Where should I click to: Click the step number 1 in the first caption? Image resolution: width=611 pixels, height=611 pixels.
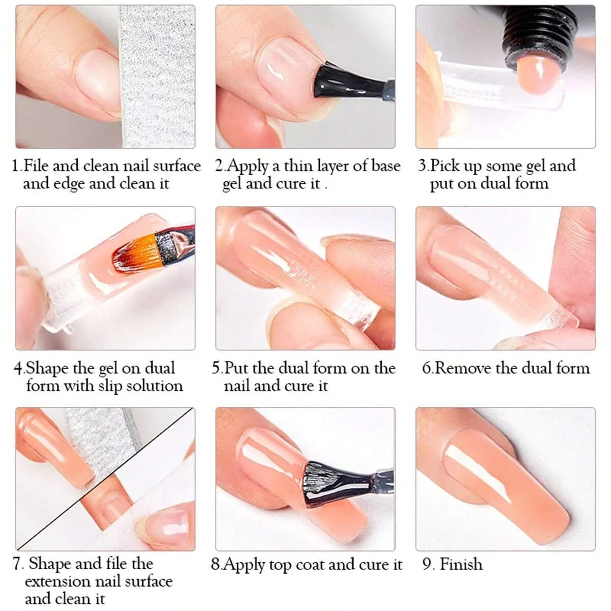click(16, 166)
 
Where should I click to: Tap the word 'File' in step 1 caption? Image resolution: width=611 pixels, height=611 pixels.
click(36, 166)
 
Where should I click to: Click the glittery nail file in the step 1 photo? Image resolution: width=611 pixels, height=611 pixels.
click(158, 76)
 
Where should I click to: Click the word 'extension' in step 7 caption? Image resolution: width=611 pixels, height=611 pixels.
click(56, 581)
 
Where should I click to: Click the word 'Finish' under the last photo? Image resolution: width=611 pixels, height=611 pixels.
click(461, 564)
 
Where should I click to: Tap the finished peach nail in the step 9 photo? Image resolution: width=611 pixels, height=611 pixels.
click(504, 489)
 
